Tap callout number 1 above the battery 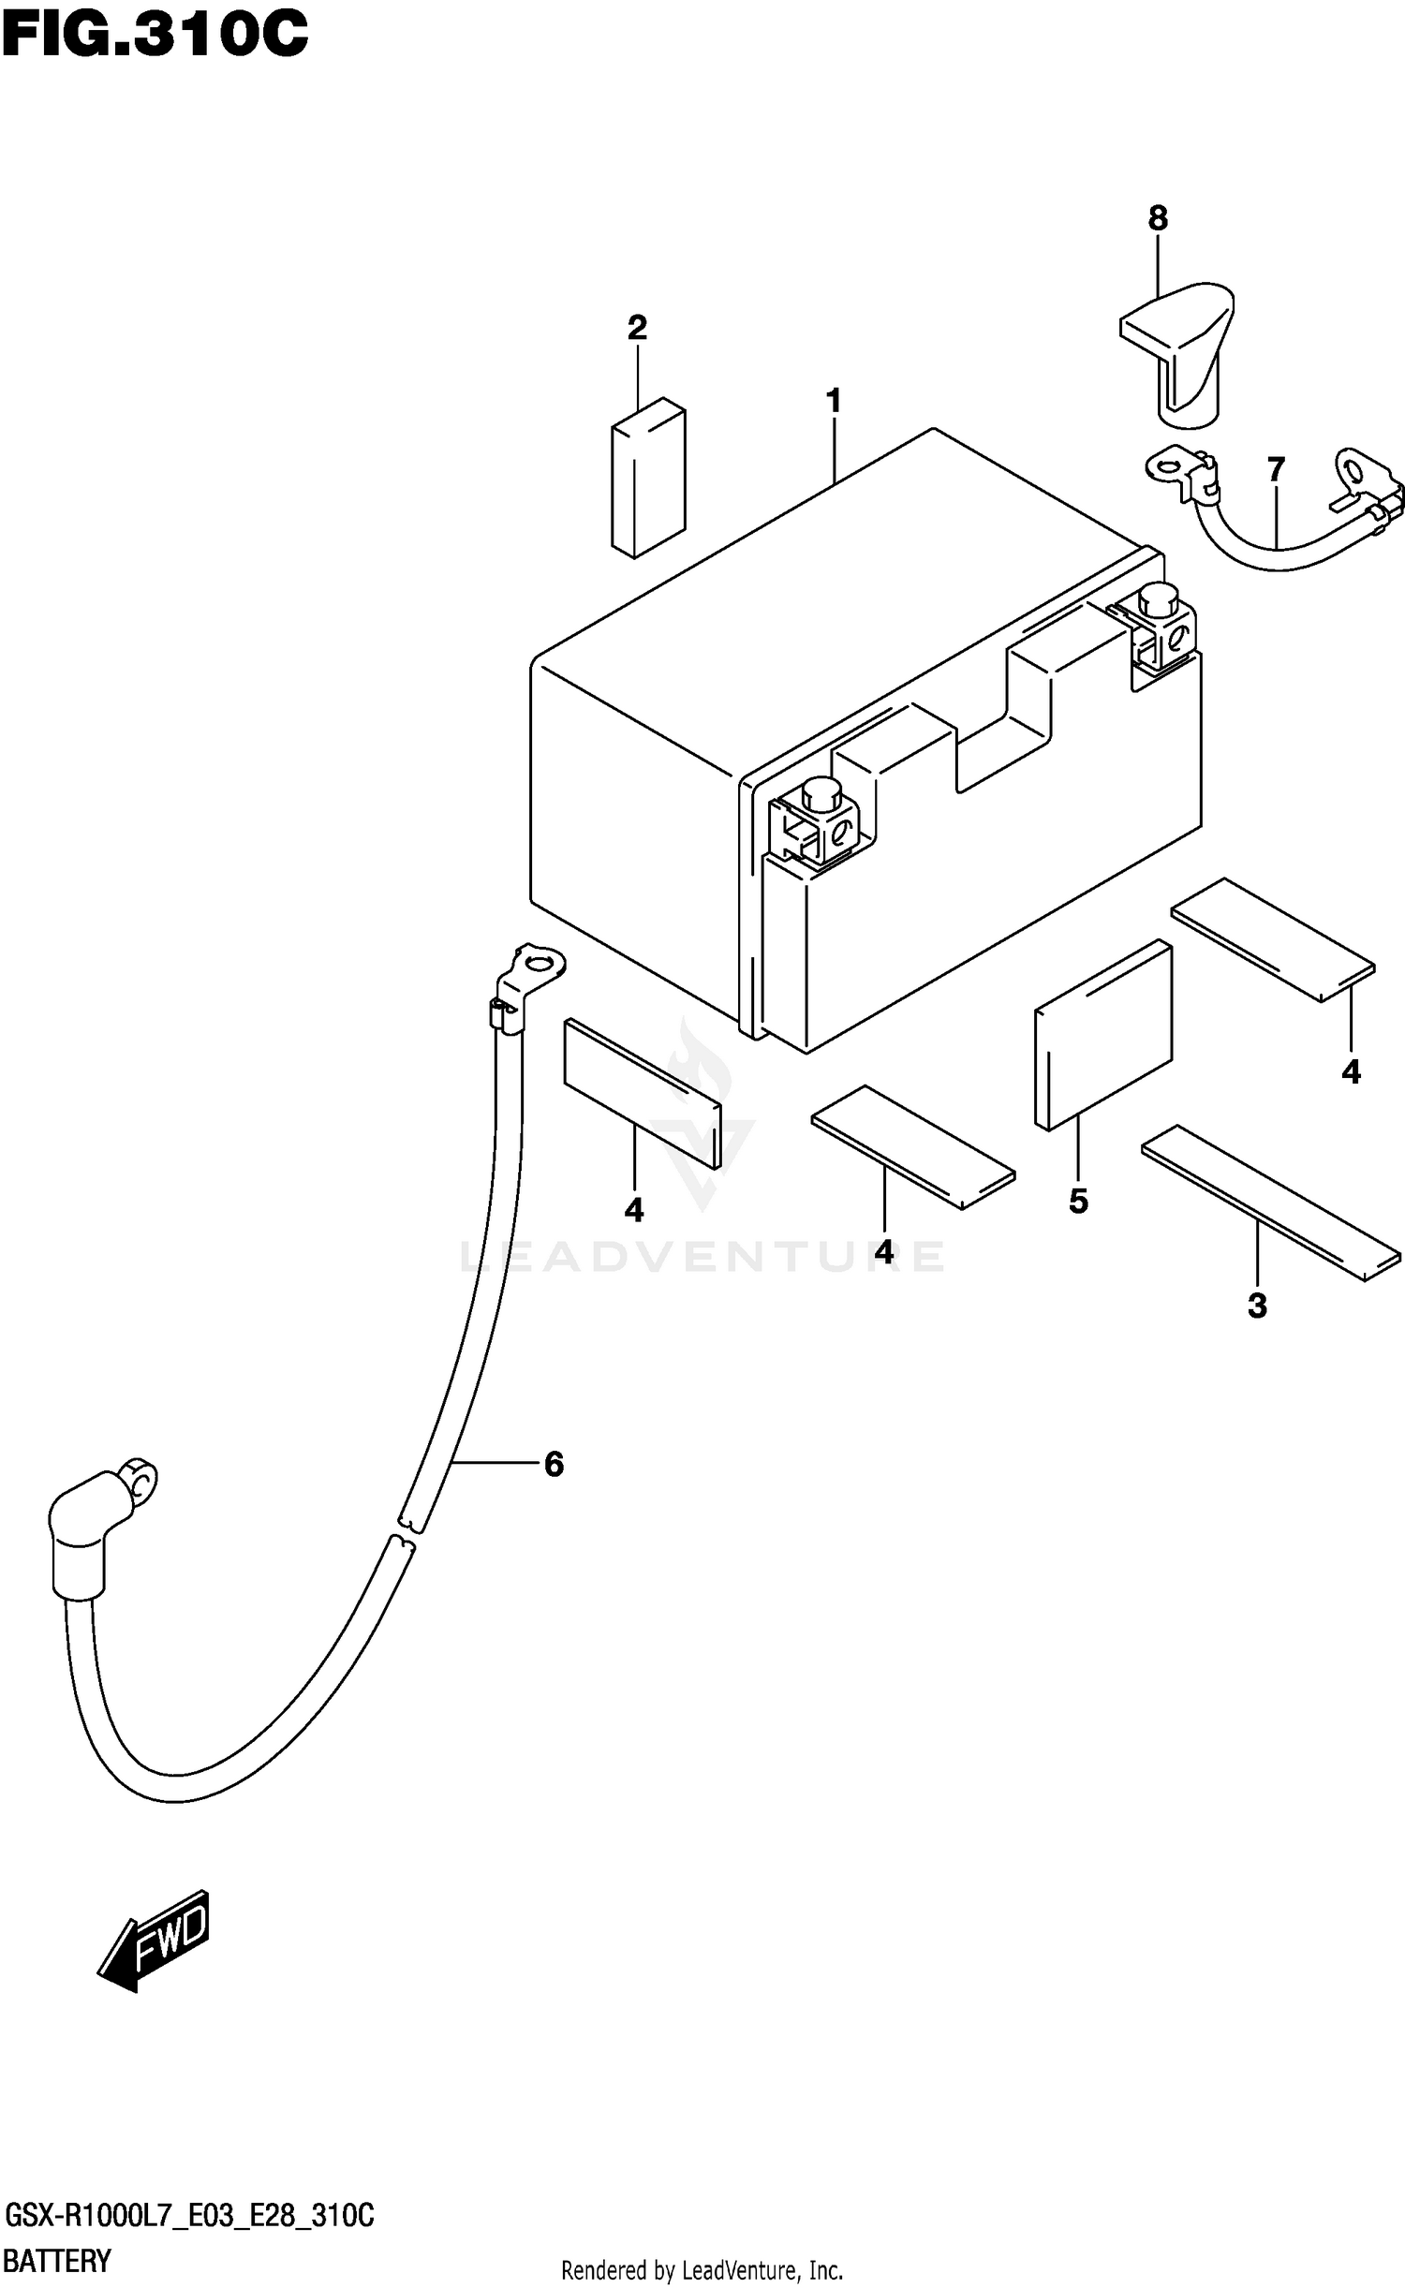click(x=833, y=402)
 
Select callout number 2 click(x=637, y=328)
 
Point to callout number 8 click(x=1158, y=218)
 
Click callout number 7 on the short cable click(x=1276, y=469)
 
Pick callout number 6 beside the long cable click(x=554, y=1464)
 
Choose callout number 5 click(x=1078, y=1201)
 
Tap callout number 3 click(x=1257, y=1305)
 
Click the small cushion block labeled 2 click(x=648, y=478)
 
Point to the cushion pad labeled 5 click(x=1103, y=1035)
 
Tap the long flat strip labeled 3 click(x=1270, y=1202)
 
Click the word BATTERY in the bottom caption click(x=58, y=2262)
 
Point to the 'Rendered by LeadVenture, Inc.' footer click(x=702, y=2270)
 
